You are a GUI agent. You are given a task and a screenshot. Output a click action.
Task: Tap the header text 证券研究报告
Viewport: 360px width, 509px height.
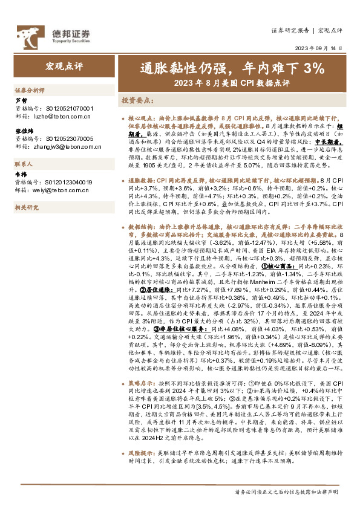point(290,30)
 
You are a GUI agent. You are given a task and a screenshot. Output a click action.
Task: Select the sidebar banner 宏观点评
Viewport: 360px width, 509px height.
point(62,64)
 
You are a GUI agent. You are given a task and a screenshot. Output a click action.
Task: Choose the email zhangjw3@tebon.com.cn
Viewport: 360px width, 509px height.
point(66,146)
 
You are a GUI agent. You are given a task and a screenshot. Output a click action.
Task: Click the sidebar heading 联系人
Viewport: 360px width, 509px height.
point(25,164)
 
